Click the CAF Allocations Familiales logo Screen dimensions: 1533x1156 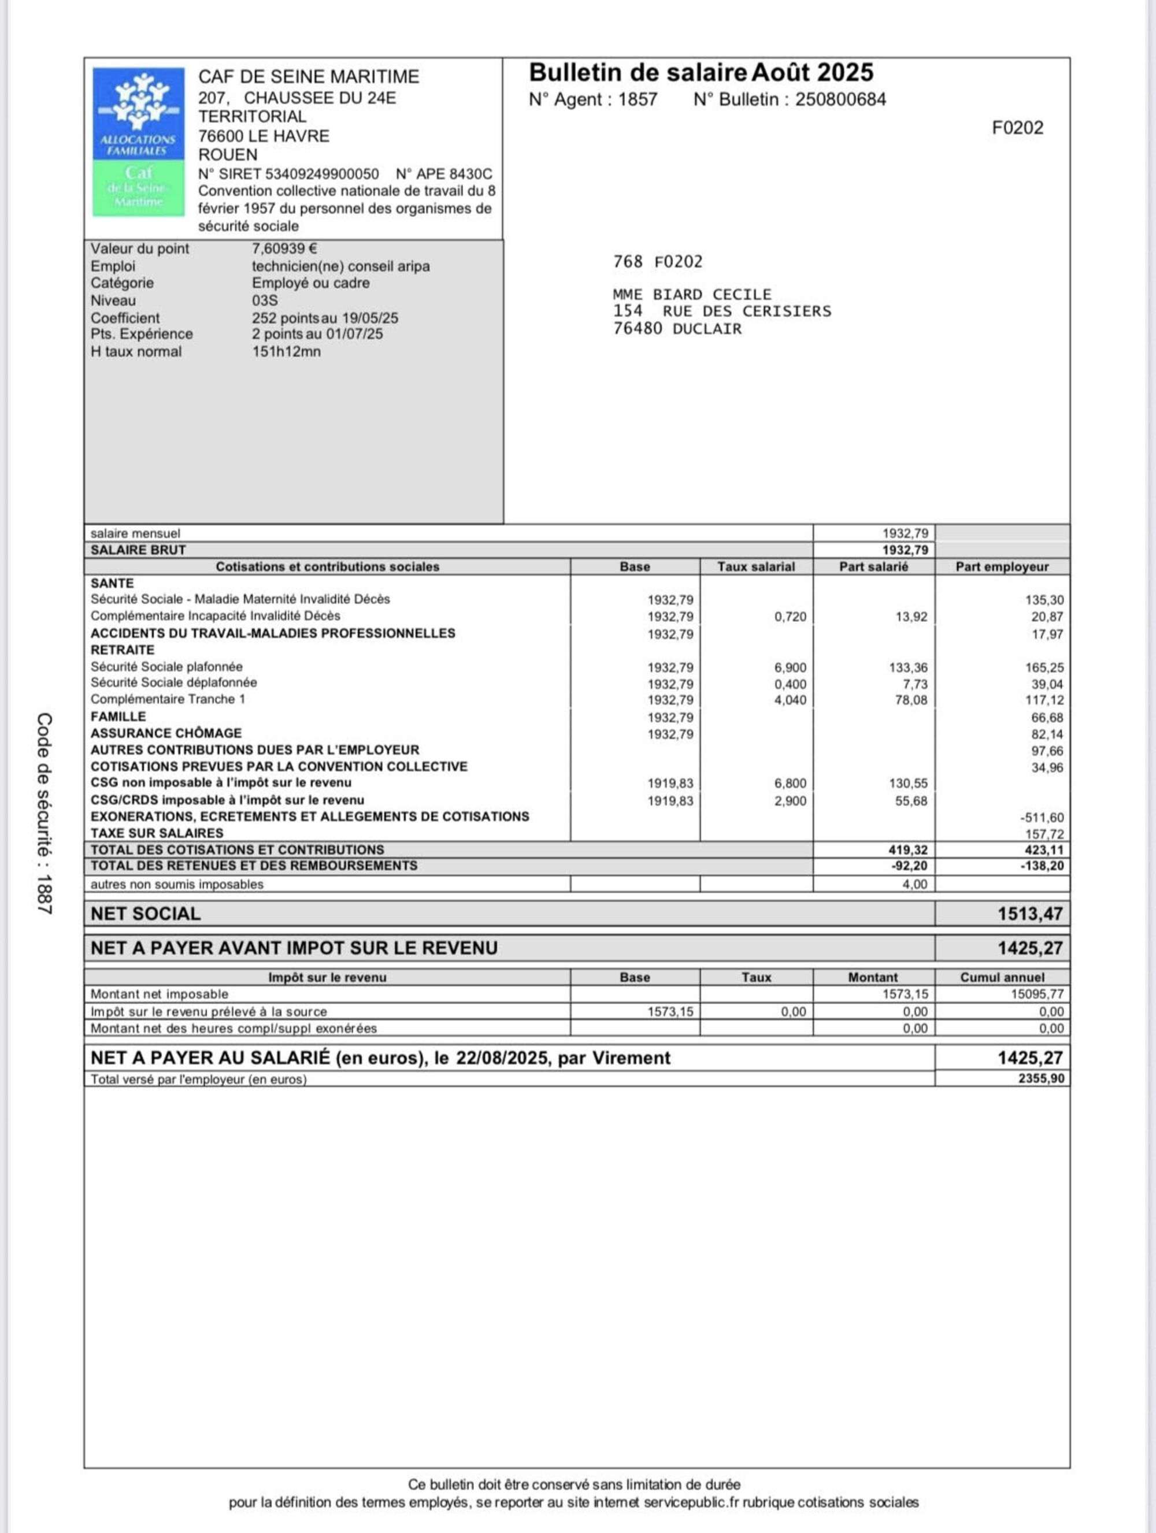tap(139, 142)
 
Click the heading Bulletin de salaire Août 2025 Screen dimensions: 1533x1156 tap(701, 73)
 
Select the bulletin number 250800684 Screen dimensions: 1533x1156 tap(840, 100)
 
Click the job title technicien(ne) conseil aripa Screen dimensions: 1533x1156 tap(340, 266)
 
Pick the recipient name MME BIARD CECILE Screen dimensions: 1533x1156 tap(692, 295)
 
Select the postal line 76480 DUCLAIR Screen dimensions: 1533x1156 tap(676, 328)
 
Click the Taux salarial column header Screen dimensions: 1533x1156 tap(755, 567)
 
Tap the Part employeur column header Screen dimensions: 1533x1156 tap(1002, 567)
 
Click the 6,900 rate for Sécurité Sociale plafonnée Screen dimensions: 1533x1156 tap(790, 667)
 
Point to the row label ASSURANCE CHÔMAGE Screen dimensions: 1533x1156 tap(166, 733)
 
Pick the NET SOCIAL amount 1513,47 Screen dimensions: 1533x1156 tap(1030, 914)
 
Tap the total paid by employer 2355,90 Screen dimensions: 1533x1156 tap(1041, 1079)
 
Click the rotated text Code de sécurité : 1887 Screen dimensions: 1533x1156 tap(45, 814)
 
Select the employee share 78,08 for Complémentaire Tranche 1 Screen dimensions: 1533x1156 tap(911, 700)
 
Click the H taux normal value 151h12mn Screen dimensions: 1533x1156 tap(286, 351)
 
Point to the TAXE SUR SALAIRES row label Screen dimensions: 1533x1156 tap(157, 833)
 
